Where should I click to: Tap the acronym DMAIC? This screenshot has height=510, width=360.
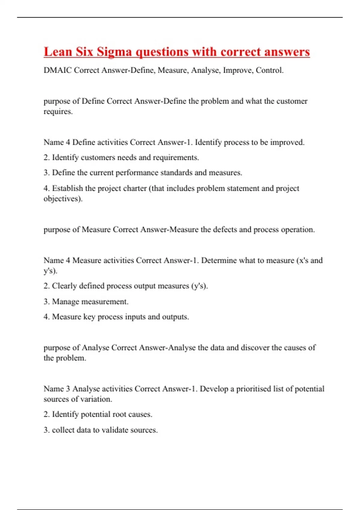point(58,70)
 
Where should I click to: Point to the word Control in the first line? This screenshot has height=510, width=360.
point(269,70)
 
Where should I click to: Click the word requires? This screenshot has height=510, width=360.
point(58,112)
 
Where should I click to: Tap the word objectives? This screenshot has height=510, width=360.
point(62,199)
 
